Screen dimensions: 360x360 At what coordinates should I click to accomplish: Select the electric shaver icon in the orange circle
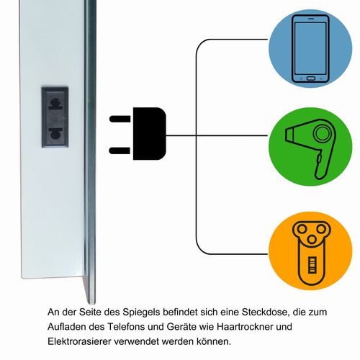coord(312,252)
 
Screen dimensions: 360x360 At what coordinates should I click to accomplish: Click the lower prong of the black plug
coord(120,150)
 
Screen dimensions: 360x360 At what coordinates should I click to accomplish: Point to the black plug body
coord(150,134)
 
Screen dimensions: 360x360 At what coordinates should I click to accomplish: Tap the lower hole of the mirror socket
coord(55,133)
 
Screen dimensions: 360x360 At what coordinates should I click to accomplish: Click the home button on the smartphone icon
coord(311,78)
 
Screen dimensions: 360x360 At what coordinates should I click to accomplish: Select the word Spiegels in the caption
coord(141,312)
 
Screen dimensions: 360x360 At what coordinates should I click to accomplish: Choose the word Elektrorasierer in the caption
coord(79,341)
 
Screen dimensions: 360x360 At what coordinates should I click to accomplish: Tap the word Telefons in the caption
coord(126,327)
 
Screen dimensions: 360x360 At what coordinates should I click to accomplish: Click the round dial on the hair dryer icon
coord(322,133)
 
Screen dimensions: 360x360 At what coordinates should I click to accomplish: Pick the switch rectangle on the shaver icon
coord(312,265)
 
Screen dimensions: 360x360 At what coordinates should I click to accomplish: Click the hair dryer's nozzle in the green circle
coord(292,135)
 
